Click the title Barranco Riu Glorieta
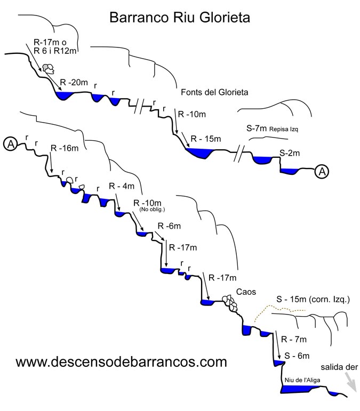click(x=180, y=18)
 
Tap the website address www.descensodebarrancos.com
click(x=122, y=362)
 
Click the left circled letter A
click(x=10, y=143)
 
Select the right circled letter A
click(x=322, y=171)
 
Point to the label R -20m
click(x=74, y=83)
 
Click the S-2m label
click(x=290, y=154)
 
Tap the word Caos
click(x=247, y=292)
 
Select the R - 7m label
click(x=295, y=339)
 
